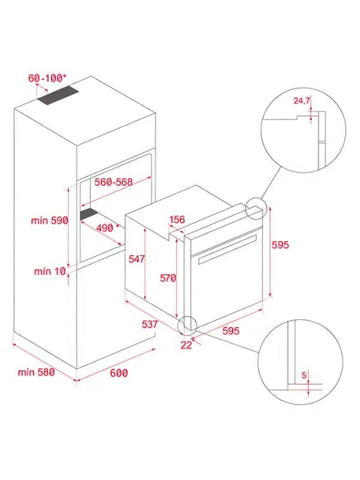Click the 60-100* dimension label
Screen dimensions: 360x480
point(47,78)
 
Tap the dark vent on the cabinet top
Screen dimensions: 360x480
point(58,95)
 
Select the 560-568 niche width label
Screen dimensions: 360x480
point(113,182)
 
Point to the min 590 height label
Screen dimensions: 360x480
point(50,220)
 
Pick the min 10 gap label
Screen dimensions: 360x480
point(50,271)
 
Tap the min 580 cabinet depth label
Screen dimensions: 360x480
point(37,372)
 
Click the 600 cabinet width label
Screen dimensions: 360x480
point(119,373)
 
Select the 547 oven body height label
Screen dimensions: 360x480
point(137,259)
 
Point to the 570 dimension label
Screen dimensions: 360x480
point(168,278)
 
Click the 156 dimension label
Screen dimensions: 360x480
point(177,219)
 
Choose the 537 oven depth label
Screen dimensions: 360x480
point(149,325)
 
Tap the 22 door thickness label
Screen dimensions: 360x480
point(186,345)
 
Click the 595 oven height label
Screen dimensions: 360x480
point(280,245)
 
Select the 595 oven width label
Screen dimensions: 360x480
point(231,331)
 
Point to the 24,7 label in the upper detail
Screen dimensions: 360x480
point(302,100)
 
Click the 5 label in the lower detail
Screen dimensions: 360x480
point(304,375)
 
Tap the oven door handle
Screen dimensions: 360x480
point(227,250)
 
